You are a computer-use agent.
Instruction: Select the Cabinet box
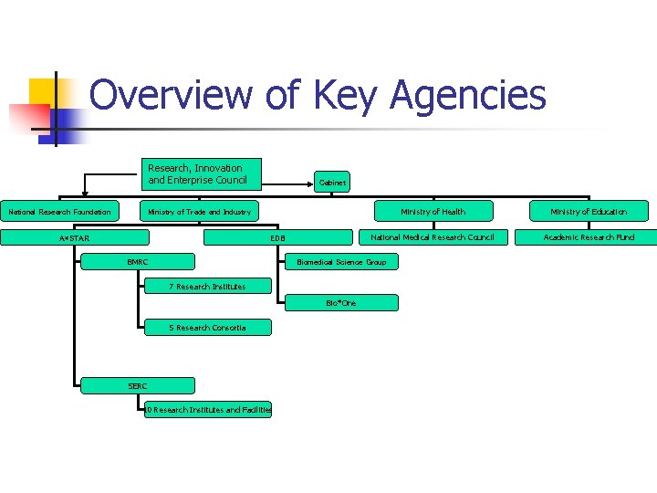(x=332, y=182)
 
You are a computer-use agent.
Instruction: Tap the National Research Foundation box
(x=59, y=212)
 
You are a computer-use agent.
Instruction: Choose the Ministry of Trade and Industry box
(x=200, y=212)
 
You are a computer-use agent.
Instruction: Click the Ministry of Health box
(x=433, y=212)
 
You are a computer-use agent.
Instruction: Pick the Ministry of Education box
(x=589, y=212)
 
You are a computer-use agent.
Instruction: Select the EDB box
(x=278, y=238)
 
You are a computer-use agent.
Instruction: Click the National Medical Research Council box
(x=433, y=237)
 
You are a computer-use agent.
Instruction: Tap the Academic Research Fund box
(x=589, y=237)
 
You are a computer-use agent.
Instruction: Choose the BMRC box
(x=138, y=262)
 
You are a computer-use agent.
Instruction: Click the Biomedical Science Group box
(x=341, y=262)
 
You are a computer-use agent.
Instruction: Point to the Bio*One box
(x=341, y=302)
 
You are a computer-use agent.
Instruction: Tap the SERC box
(x=138, y=386)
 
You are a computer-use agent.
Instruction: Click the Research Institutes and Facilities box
(x=208, y=410)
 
